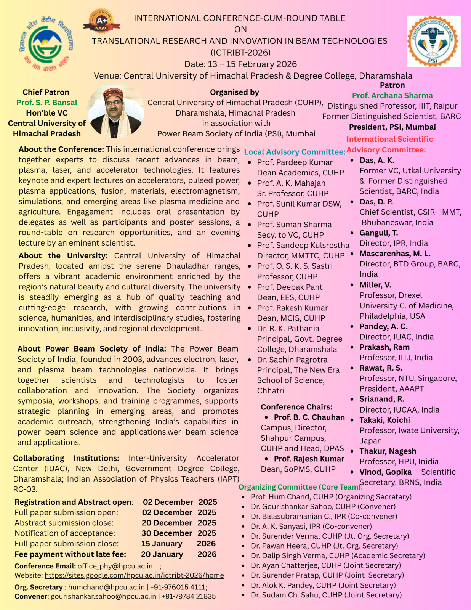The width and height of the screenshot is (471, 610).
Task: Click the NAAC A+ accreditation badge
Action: tap(101, 21)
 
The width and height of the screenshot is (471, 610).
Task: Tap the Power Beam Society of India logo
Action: tap(433, 41)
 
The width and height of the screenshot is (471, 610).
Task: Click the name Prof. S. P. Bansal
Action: tap(46, 103)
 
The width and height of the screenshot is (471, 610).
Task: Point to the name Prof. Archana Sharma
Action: tap(392, 96)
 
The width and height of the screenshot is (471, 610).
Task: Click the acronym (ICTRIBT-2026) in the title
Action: tap(240, 53)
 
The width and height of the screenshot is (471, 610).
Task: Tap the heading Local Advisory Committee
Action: tap(295, 152)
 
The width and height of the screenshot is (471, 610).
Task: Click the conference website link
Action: tap(134, 575)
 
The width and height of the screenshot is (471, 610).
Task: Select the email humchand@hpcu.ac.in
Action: tap(106, 587)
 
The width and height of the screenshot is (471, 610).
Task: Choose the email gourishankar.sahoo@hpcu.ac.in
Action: tap(103, 596)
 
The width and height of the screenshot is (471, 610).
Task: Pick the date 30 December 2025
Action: tap(179, 533)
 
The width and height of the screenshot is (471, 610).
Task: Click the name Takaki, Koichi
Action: tap(384, 420)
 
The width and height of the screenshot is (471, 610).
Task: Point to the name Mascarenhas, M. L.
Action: tap(395, 254)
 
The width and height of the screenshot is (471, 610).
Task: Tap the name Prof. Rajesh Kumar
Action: tap(309, 459)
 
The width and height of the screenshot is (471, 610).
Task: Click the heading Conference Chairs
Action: tap(296, 407)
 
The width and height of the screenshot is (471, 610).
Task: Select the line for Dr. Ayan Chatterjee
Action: tap(326, 565)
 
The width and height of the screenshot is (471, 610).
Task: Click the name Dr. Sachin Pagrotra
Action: tap(292, 360)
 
